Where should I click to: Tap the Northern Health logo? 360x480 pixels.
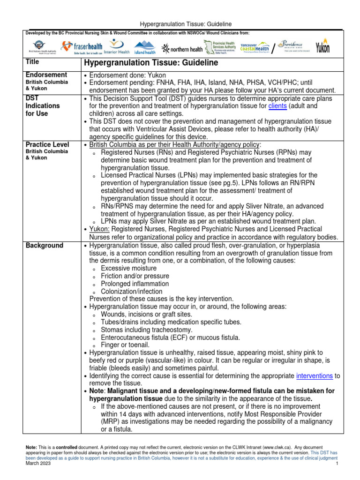click(182, 48)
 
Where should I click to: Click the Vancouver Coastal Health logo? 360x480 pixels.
click(255, 47)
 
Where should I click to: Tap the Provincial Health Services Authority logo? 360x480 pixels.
click(222, 47)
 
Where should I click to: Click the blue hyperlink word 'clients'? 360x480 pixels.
click(278, 106)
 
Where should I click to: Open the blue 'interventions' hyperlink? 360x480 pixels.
click(315, 376)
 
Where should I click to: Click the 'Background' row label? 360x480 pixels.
click(45, 246)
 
